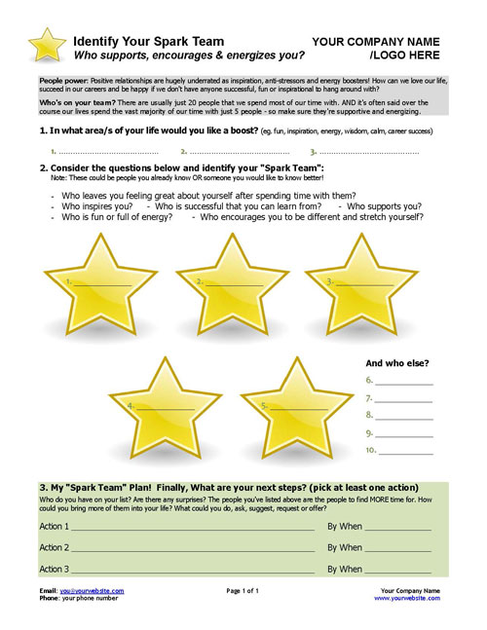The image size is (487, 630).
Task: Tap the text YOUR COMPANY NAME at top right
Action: tap(375, 42)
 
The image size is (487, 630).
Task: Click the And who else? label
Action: tap(397, 363)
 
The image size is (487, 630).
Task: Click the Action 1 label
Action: tap(55, 526)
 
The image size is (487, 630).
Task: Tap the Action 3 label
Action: tap(55, 569)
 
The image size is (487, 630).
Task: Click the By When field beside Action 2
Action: tap(397, 547)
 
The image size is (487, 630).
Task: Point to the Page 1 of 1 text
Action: tap(243, 590)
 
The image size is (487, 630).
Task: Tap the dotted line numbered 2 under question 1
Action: tap(240, 152)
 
